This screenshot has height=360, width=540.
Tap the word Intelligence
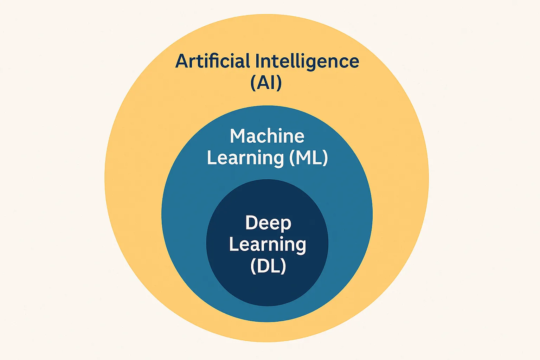(307, 62)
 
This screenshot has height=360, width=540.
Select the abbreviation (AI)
(266, 83)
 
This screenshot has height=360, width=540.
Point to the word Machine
(267, 136)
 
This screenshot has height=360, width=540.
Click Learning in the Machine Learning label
(245, 158)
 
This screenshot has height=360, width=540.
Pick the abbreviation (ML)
(309, 158)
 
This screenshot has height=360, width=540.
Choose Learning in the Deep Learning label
(268, 245)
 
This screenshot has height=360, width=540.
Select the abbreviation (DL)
(268, 266)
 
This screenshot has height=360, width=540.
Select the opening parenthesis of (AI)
(253, 83)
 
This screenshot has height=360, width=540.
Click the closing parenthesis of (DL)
(283, 266)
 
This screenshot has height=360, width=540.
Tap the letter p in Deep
(287, 225)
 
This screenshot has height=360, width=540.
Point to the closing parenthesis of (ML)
(325, 158)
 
